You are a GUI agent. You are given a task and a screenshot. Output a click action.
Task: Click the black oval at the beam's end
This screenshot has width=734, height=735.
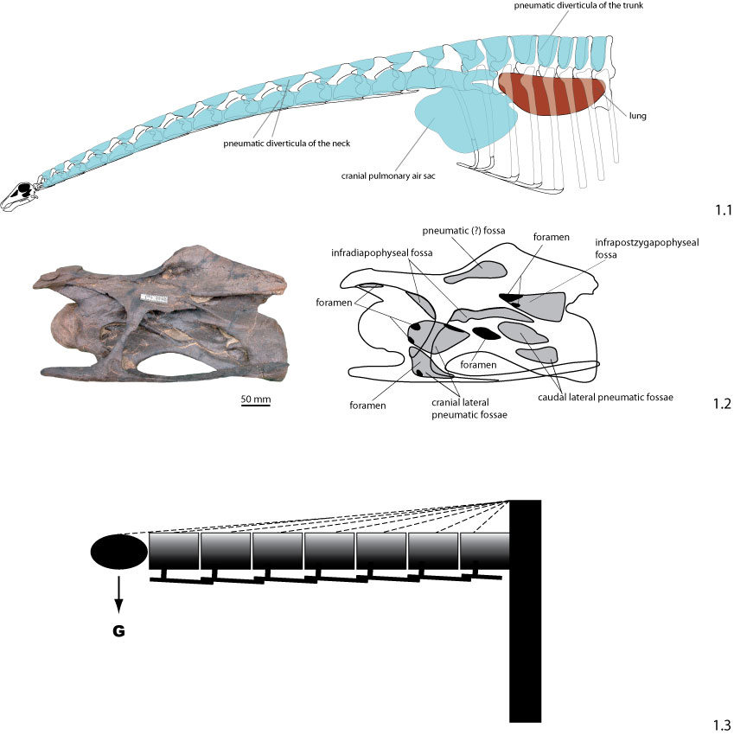(118, 552)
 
